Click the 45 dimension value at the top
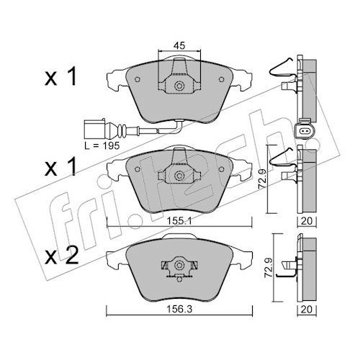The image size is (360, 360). click(x=179, y=45)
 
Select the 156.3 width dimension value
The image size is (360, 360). click(x=179, y=310)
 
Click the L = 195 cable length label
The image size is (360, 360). click(x=102, y=145)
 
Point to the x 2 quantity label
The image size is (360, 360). click(x=62, y=256)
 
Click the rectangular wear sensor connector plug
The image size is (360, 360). click(x=94, y=130)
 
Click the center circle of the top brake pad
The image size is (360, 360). click(x=179, y=86)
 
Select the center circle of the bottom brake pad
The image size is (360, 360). click(x=179, y=265)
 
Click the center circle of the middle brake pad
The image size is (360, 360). click(x=179, y=176)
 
